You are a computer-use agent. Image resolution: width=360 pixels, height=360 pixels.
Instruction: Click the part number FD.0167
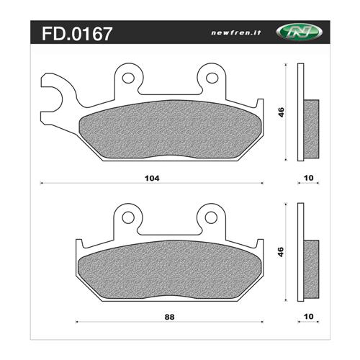(x=77, y=34)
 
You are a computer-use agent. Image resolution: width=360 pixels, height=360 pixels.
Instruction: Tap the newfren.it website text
(x=235, y=32)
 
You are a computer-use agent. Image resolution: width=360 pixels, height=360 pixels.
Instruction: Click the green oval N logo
(x=300, y=32)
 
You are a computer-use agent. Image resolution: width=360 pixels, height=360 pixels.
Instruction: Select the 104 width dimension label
(x=152, y=179)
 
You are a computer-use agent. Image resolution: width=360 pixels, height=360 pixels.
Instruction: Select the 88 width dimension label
(x=169, y=317)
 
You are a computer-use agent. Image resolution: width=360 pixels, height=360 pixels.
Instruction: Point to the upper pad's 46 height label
(x=281, y=112)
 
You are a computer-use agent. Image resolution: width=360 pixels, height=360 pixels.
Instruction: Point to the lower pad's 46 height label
(x=281, y=252)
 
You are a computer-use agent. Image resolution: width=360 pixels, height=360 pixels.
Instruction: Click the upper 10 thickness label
(x=309, y=178)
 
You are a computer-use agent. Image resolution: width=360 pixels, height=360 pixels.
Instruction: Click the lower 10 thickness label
(x=309, y=317)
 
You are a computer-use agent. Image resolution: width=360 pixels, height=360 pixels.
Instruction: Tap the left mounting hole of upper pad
(x=128, y=78)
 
